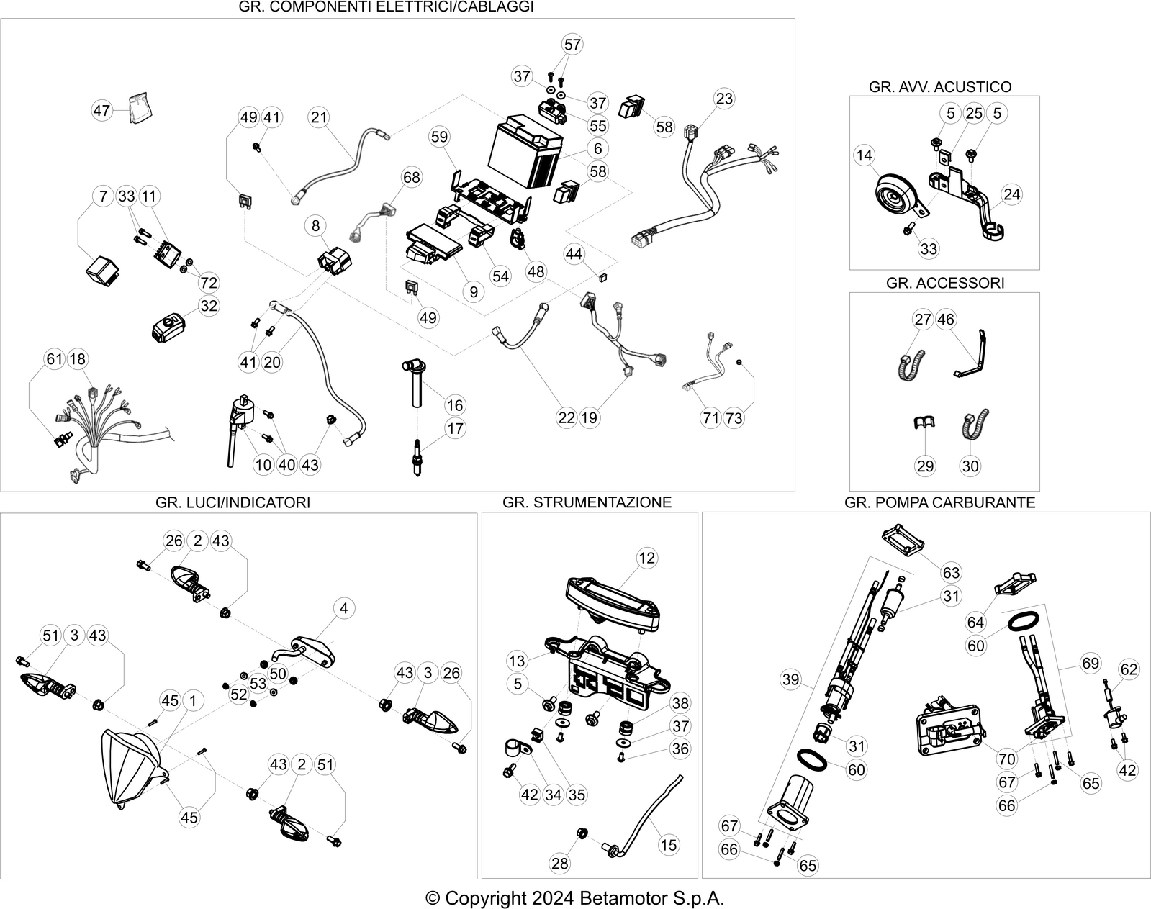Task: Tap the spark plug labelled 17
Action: pyautogui.click(x=417, y=457)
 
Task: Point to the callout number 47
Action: pyautogui.click(x=101, y=111)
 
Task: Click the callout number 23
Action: pyautogui.click(x=724, y=99)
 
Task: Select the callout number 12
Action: pyautogui.click(x=646, y=558)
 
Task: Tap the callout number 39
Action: pyautogui.click(x=790, y=679)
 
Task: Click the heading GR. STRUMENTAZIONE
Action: pyautogui.click(x=587, y=502)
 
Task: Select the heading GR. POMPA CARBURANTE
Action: pyautogui.click(x=940, y=502)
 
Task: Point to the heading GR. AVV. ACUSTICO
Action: pyautogui.click(x=940, y=86)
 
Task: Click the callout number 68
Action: pyautogui.click(x=411, y=177)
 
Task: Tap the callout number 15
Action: pyautogui.click(x=669, y=845)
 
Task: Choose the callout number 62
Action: pyautogui.click(x=1129, y=669)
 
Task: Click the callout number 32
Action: pyautogui.click(x=209, y=306)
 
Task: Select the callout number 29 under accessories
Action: pyautogui.click(x=925, y=466)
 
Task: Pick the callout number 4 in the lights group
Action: pyautogui.click(x=343, y=608)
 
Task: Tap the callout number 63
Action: pyautogui.click(x=951, y=573)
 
